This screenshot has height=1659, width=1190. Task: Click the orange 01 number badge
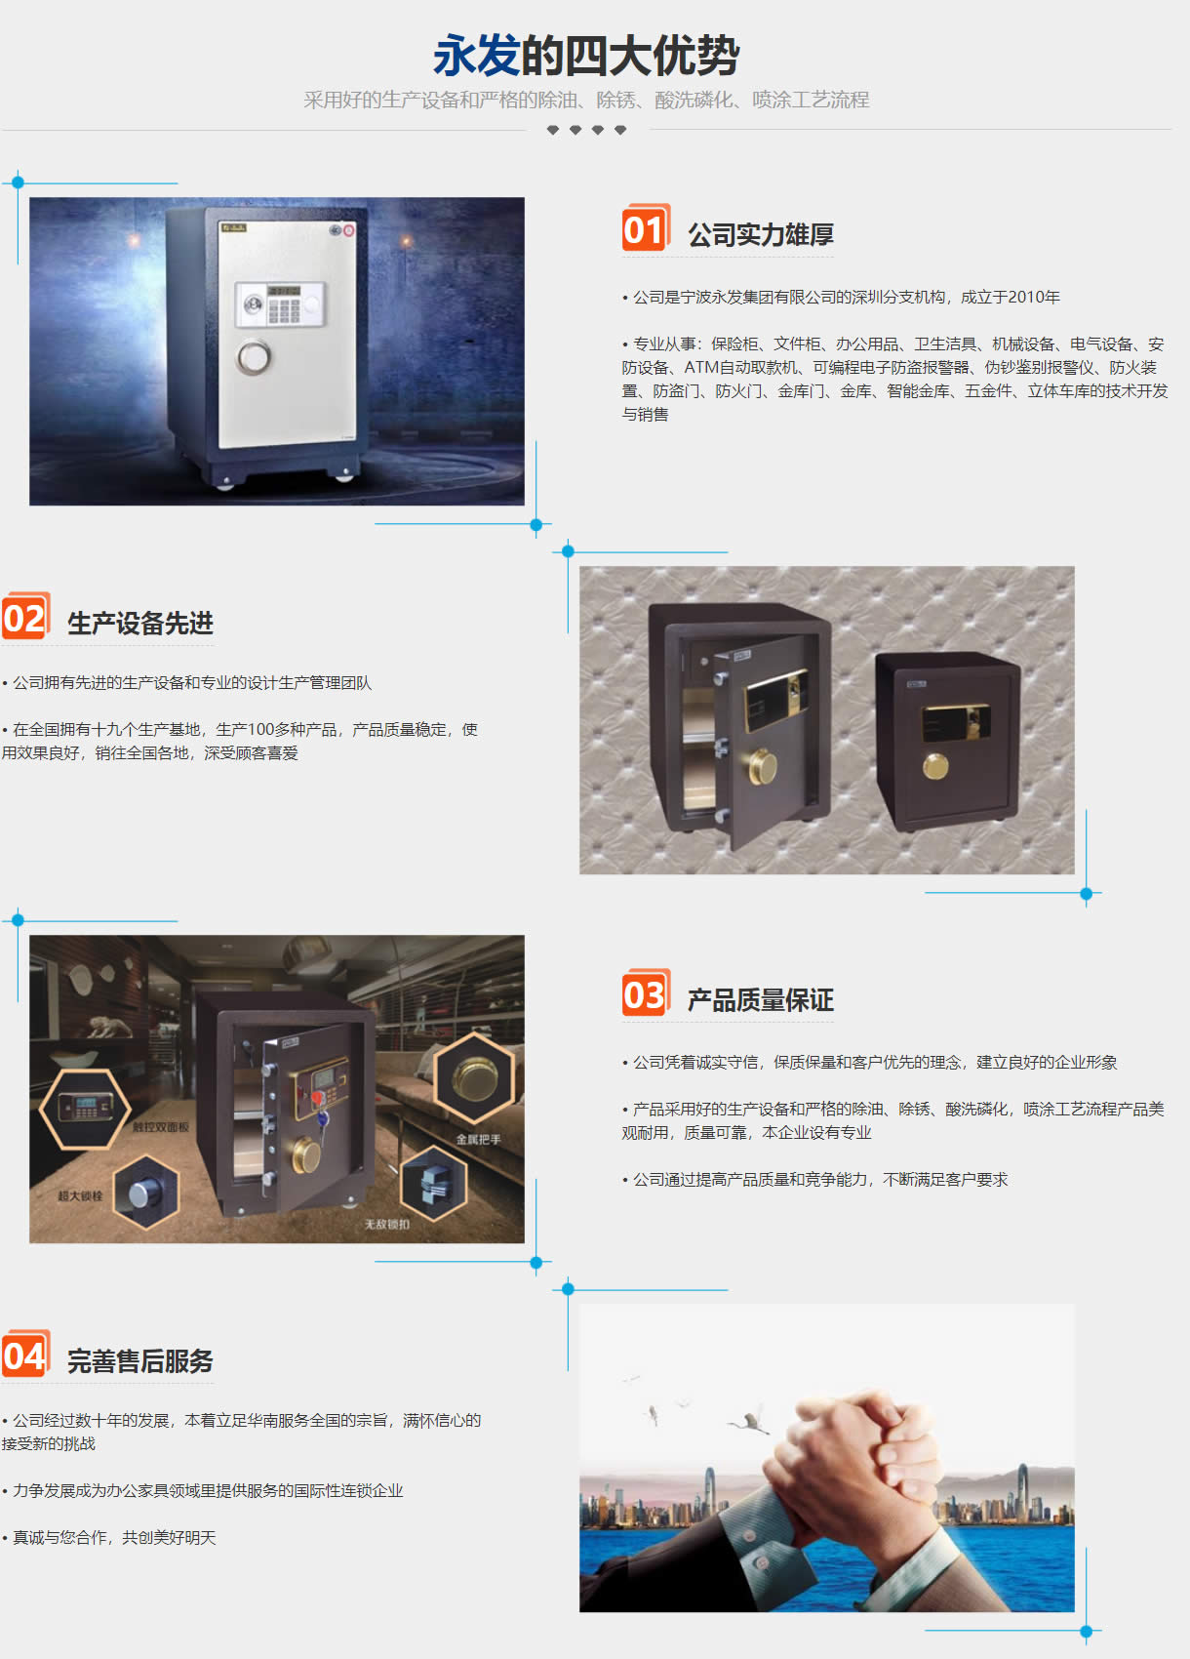tap(646, 227)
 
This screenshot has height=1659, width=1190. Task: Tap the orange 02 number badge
tap(26, 616)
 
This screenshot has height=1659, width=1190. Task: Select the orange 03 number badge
tap(646, 992)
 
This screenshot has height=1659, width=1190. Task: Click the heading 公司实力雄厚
tap(760, 235)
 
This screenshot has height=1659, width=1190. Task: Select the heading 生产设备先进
tap(139, 623)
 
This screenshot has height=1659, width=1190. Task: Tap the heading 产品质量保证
tap(760, 1000)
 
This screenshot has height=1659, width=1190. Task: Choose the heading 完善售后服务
tap(139, 1360)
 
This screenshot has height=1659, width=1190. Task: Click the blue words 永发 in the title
tap(476, 56)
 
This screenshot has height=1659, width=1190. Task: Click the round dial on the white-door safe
tap(254, 357)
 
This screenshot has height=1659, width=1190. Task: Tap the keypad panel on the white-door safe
tap(280, 304)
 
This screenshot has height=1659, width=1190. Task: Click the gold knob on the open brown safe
tap(762, 766)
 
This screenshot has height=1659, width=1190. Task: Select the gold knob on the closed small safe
tap(935, 766)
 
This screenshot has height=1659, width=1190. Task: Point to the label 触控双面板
tap(161, 1126)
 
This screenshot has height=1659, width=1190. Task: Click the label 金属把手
tap(478, 1139)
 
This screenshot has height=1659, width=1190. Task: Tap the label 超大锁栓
tap(80, 1195)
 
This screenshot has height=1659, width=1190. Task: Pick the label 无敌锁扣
tap(387, 1225)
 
